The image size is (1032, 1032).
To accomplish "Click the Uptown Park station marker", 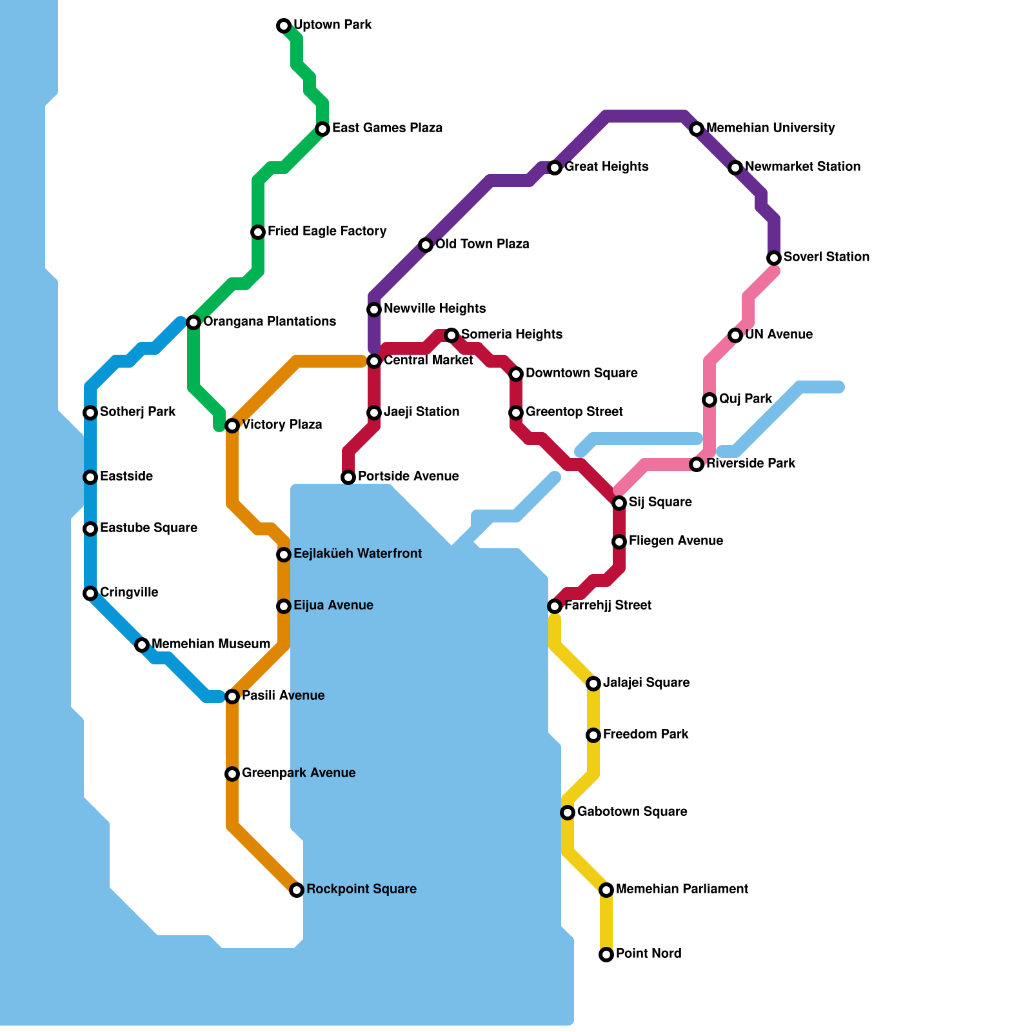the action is click(x=284, y=26).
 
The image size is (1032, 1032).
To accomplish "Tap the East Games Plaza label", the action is click(x=387, y=128).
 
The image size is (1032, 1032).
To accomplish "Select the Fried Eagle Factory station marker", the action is click(x=258, y=232).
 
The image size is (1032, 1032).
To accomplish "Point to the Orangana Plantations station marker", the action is click(x=193, y=322).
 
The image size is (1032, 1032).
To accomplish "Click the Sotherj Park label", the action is click(x=137, y=412).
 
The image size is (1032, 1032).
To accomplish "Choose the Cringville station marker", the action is click(x=90, y=593).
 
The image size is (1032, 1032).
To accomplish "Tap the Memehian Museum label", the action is click(x=210, y=644).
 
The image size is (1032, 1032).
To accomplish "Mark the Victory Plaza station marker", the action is click(x=232, y=426).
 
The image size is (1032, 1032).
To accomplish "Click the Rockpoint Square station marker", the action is click(x=297, y=890).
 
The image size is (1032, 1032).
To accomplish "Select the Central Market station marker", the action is click(x=374, y=361).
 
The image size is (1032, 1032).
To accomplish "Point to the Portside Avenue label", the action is click(x=408, y=476).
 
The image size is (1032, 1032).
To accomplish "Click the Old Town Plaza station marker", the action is click(x=426, y=245).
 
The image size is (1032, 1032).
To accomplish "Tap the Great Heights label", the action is click(x=606, y=166).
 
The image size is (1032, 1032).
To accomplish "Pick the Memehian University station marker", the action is click(x=697, y=129).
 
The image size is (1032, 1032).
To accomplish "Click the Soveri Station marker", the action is click(x=774, y=258).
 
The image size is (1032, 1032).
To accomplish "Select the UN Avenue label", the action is click(x=779, y=334).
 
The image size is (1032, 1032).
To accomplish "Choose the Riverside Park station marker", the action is click(x=697, y=464).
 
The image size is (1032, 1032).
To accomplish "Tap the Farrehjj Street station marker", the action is click(x=555, y=606).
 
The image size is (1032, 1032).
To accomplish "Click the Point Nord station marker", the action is click(x=606, y=955).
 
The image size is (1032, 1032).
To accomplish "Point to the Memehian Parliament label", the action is click(x=682, y=889).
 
